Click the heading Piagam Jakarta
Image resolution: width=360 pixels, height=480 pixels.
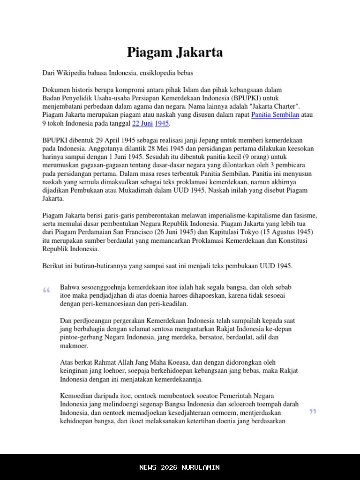click(175, 52)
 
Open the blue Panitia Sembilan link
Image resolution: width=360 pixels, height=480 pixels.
click(275, 115)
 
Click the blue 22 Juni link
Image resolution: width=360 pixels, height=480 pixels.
click(142, 123)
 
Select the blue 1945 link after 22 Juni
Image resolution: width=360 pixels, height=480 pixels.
click(162, 123)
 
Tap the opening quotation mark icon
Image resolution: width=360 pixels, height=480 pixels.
click(46, 291)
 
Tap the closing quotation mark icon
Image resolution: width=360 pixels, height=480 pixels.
click(313, 412)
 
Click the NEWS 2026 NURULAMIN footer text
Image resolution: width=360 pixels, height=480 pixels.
click(180, 467)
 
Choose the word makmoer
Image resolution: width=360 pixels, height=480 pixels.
click(74, 346)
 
